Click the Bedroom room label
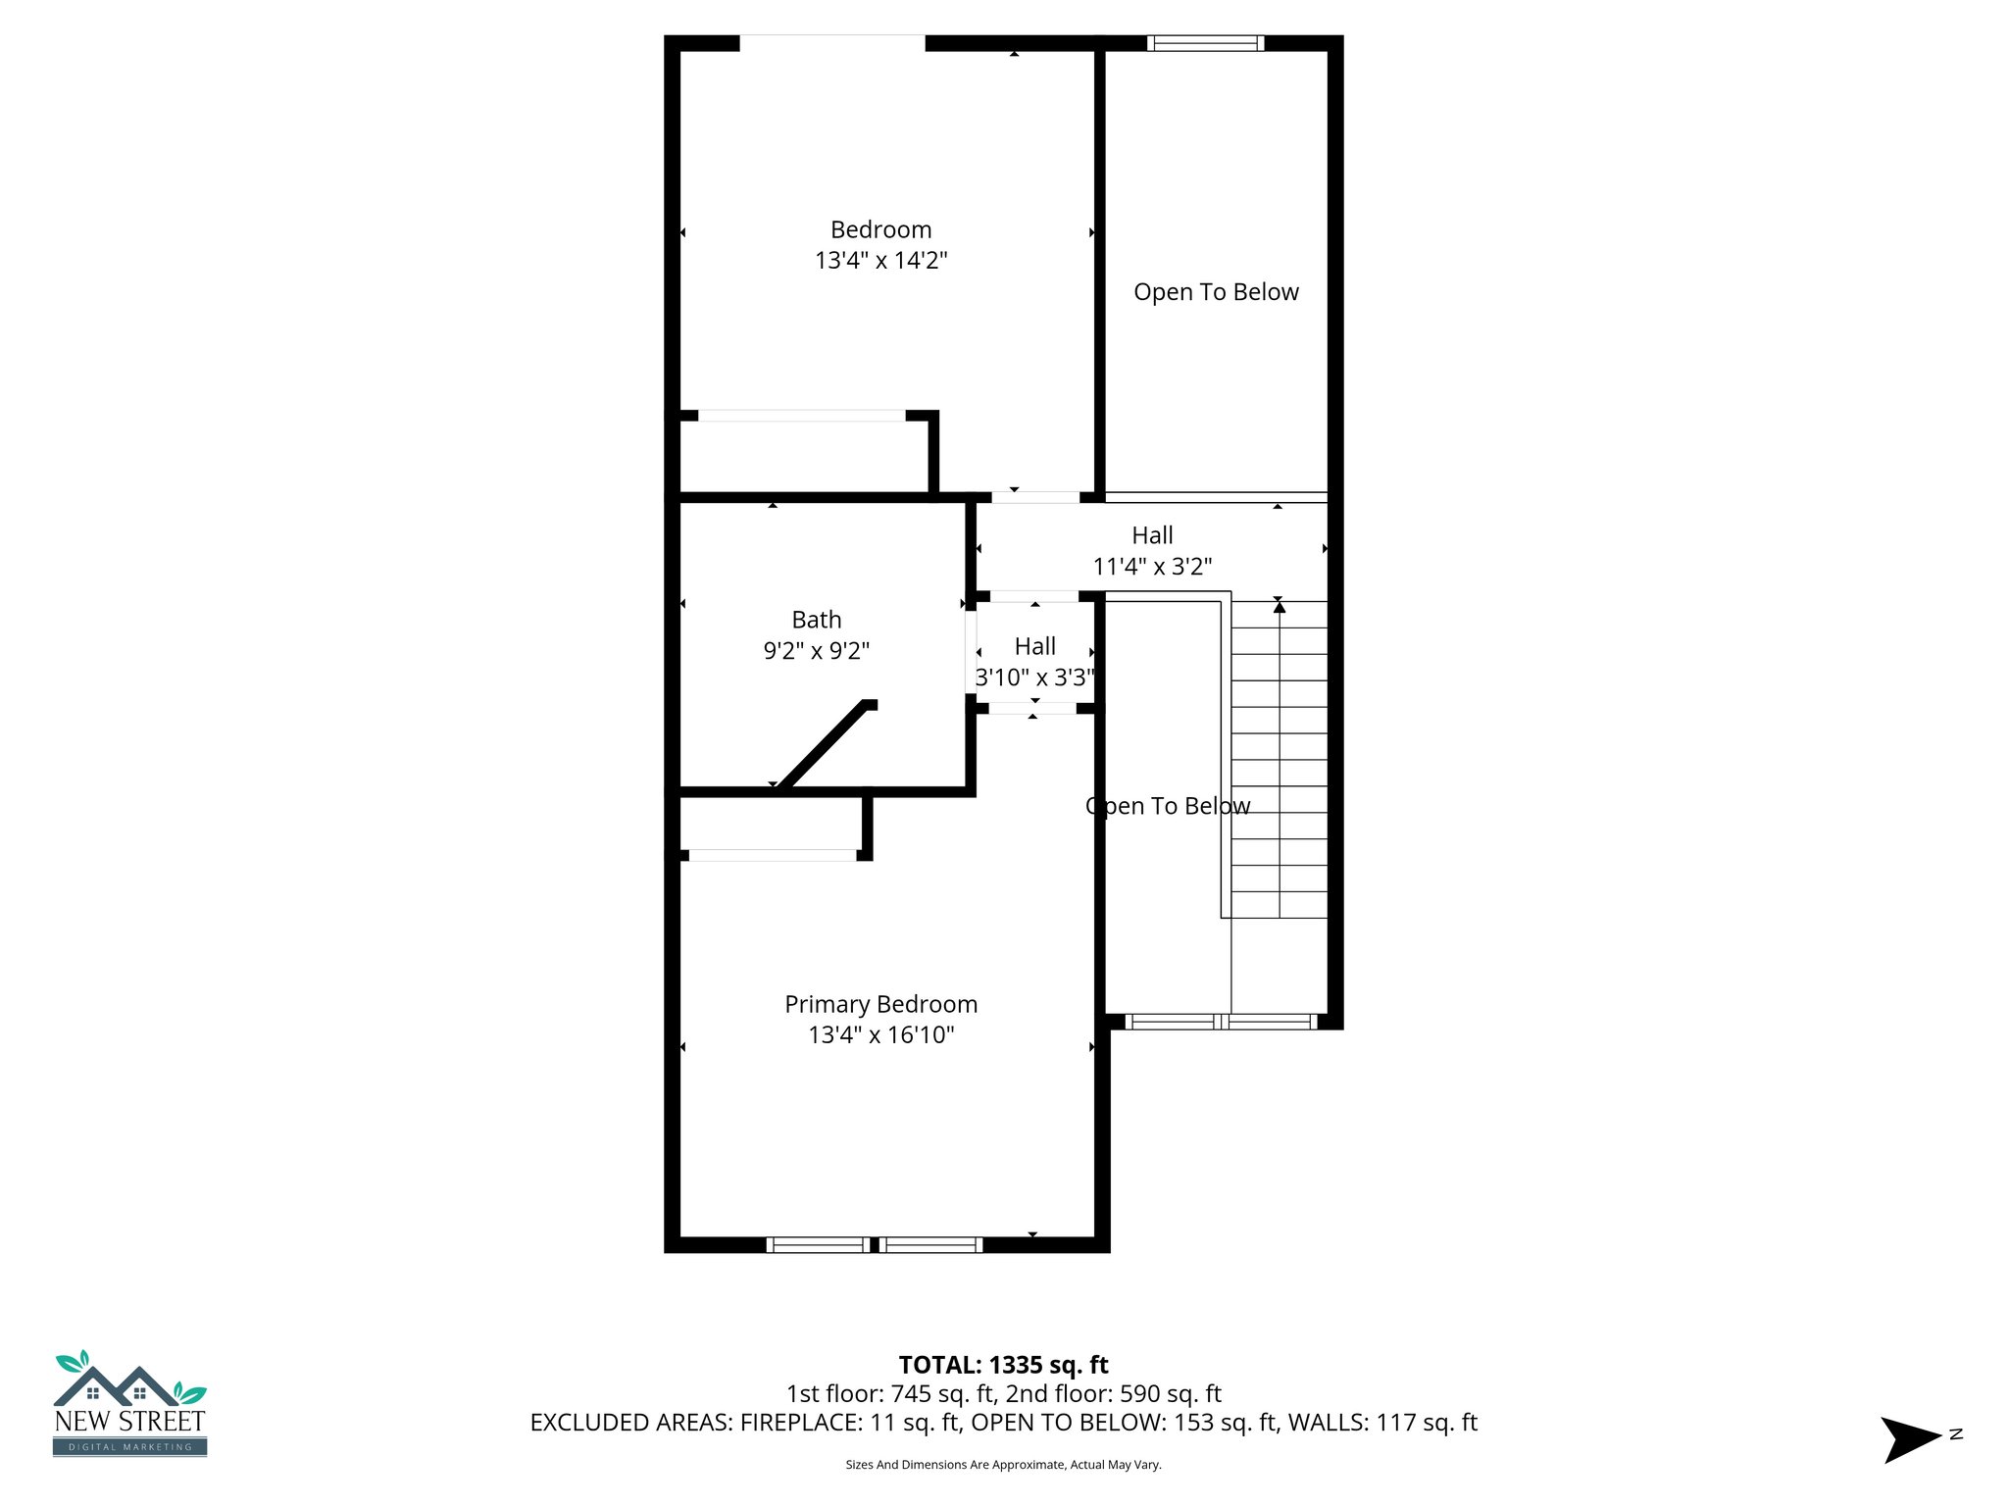pos(880,229)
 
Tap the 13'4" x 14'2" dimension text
pos(880,261)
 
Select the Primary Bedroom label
pos(880,1004)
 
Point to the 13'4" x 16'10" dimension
pos(880,1035)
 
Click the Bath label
pos(816,620)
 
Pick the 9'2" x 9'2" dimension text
pos(816,651)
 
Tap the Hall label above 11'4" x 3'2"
pos(1152,535)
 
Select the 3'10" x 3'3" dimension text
pos(1034,678)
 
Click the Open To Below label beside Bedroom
pos(1216,292)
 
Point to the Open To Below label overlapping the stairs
pos(1168,806)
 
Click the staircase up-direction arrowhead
pos(1279,607)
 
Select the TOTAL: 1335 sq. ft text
pos(1003,1365)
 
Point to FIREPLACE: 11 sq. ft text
pos(849,1423)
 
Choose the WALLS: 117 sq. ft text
pos(1381,1423)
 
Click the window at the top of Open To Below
pos(1205,43)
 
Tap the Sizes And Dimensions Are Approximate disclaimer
pos(1003,1465)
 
